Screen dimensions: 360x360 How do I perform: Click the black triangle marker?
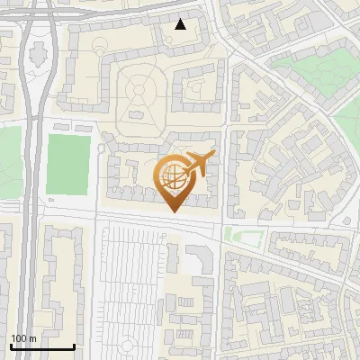[x=181, y=24]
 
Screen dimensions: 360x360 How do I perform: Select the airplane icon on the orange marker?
[x=199, y=163]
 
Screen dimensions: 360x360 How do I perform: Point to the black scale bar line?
[x=41, y=346]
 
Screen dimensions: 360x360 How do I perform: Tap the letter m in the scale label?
[x=33, y=338]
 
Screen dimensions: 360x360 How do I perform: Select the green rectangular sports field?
[x=69, y=164]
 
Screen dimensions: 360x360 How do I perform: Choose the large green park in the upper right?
[x=310, y=67]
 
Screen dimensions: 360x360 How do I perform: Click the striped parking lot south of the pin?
[x=130, y=279]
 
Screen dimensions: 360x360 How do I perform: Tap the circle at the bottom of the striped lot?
[x=129, y=346]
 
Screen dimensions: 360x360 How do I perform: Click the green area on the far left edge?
[x=9, y=162]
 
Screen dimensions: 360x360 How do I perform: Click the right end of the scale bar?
[x=74, y=346]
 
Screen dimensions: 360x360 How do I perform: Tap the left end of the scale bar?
[x=10, y=346]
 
